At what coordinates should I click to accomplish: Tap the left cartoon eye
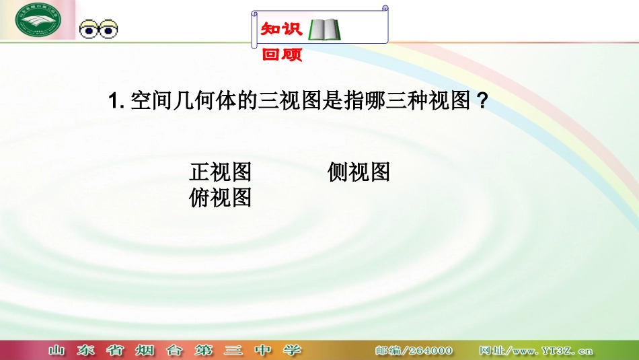[x=89, y=30]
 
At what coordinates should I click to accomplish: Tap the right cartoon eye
[x=108, y=30]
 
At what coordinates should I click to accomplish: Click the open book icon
[x=324, y=30]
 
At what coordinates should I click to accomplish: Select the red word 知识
[x=282, y=29]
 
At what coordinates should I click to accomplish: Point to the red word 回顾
[x=282, y=55]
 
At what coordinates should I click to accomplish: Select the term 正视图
[x=221, y=172]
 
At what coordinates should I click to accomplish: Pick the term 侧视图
[x=359, y=172]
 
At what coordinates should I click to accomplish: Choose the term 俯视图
[x=221, y=198]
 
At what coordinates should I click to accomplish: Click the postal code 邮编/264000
[x=414, y=351]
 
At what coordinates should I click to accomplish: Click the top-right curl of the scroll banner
[x=385, y=9]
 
